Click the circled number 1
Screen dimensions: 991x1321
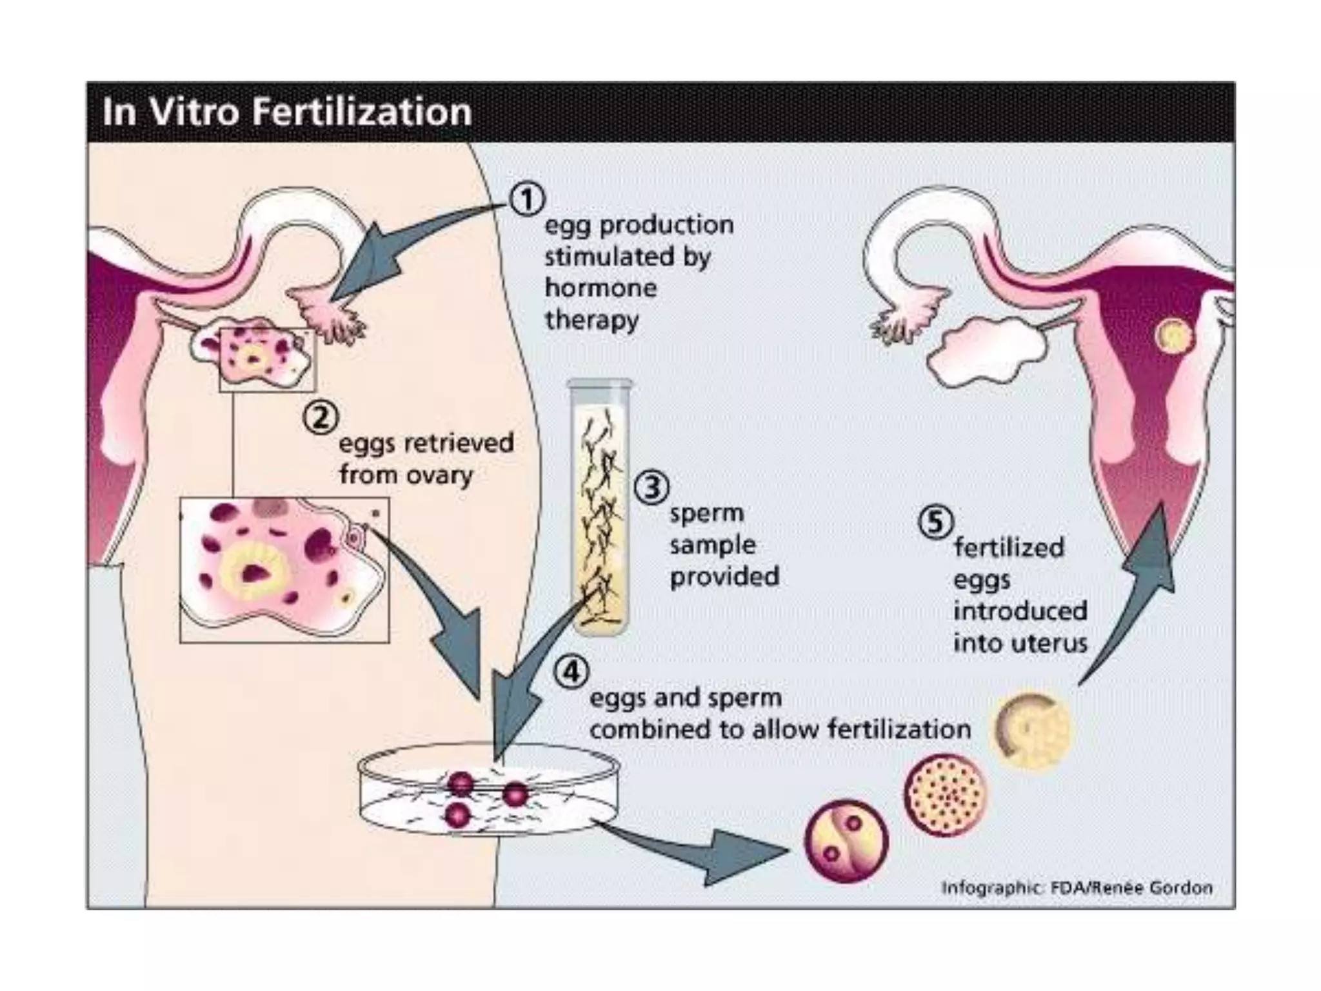pos(528,199)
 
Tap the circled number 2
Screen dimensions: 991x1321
pos(321,418)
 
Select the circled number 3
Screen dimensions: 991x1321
pos(651,488)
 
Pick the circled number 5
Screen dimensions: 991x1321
pos(936,522)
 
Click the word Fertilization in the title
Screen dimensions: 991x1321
pos(362,112)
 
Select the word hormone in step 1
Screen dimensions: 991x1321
pos(601,288)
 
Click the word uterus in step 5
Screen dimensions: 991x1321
pos(1054,643)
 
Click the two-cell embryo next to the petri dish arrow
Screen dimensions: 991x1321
pos(846,841)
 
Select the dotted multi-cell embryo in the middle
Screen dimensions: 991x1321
pos(945,794)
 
